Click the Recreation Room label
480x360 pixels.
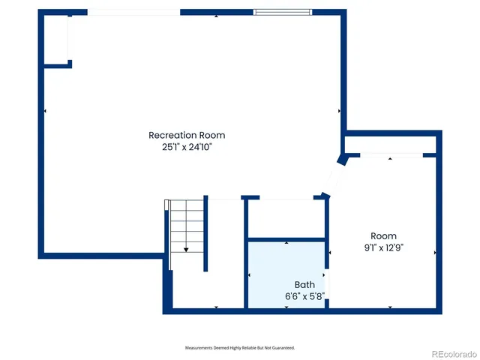(187, 135)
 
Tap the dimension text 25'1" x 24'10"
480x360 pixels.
(187, 147)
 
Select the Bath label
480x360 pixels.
(304, 285)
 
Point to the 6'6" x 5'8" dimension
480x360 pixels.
(304, 296)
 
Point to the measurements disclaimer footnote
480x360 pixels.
(240, 348)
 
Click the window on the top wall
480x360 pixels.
(282, 12)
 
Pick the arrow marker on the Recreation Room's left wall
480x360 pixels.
(45, 111)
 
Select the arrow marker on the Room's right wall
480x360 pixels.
(435, 253)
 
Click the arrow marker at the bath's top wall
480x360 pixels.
(287, 243)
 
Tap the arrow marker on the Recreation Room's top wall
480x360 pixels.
(216, 16)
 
